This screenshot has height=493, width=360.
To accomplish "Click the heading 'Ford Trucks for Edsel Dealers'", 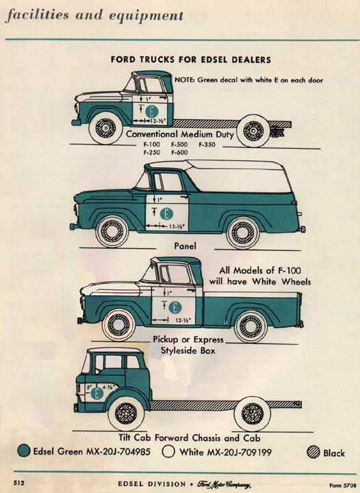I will pos(190,60).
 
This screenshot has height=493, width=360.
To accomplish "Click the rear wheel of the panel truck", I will pos(242,231).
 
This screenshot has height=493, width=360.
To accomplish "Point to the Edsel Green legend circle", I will pos(25,452).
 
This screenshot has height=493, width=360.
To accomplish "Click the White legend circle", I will pos(168,452).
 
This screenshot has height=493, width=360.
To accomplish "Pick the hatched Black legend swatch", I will pos(314,452).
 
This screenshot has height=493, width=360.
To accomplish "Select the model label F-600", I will pos(179,153).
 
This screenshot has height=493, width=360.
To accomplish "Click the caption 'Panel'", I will pos(185,246).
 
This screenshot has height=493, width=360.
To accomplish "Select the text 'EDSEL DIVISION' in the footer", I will pos(151,484).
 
